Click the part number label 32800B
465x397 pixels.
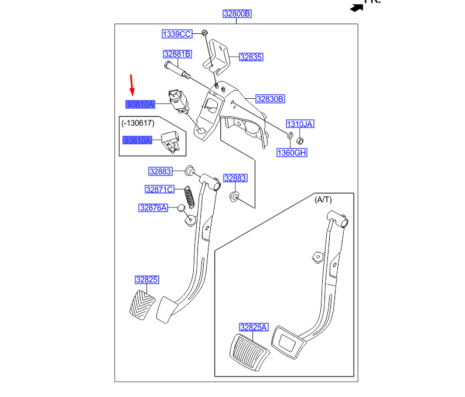[x=237, y=13]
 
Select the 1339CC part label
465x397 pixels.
[x=177, y=34]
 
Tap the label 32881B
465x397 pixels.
[x=177, y=54]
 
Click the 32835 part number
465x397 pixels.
[x=251, y=57]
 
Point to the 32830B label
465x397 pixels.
[x=270, y=99]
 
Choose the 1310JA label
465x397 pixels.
[x=300, y=124]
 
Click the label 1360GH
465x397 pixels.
[x=292, y=153]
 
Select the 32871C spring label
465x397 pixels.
[x=159, y=189]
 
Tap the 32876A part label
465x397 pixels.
[x=153, y=208]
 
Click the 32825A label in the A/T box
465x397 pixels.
[x=254, y=327]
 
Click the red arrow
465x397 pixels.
[x=132, y=85]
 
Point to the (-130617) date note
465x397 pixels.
[x=138, y=123]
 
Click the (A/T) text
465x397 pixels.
[x=323, y=200]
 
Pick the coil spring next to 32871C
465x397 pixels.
[x=190, y=197]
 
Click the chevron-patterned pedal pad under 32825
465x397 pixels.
[x=142, y=305]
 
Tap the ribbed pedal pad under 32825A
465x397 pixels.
[x=249, y=353]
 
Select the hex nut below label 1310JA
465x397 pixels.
[x=300, y=141]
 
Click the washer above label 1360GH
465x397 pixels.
[x=290, y=136]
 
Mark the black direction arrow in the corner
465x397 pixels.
[x=357, y=8]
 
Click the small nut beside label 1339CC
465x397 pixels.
[x=204, y=32]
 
